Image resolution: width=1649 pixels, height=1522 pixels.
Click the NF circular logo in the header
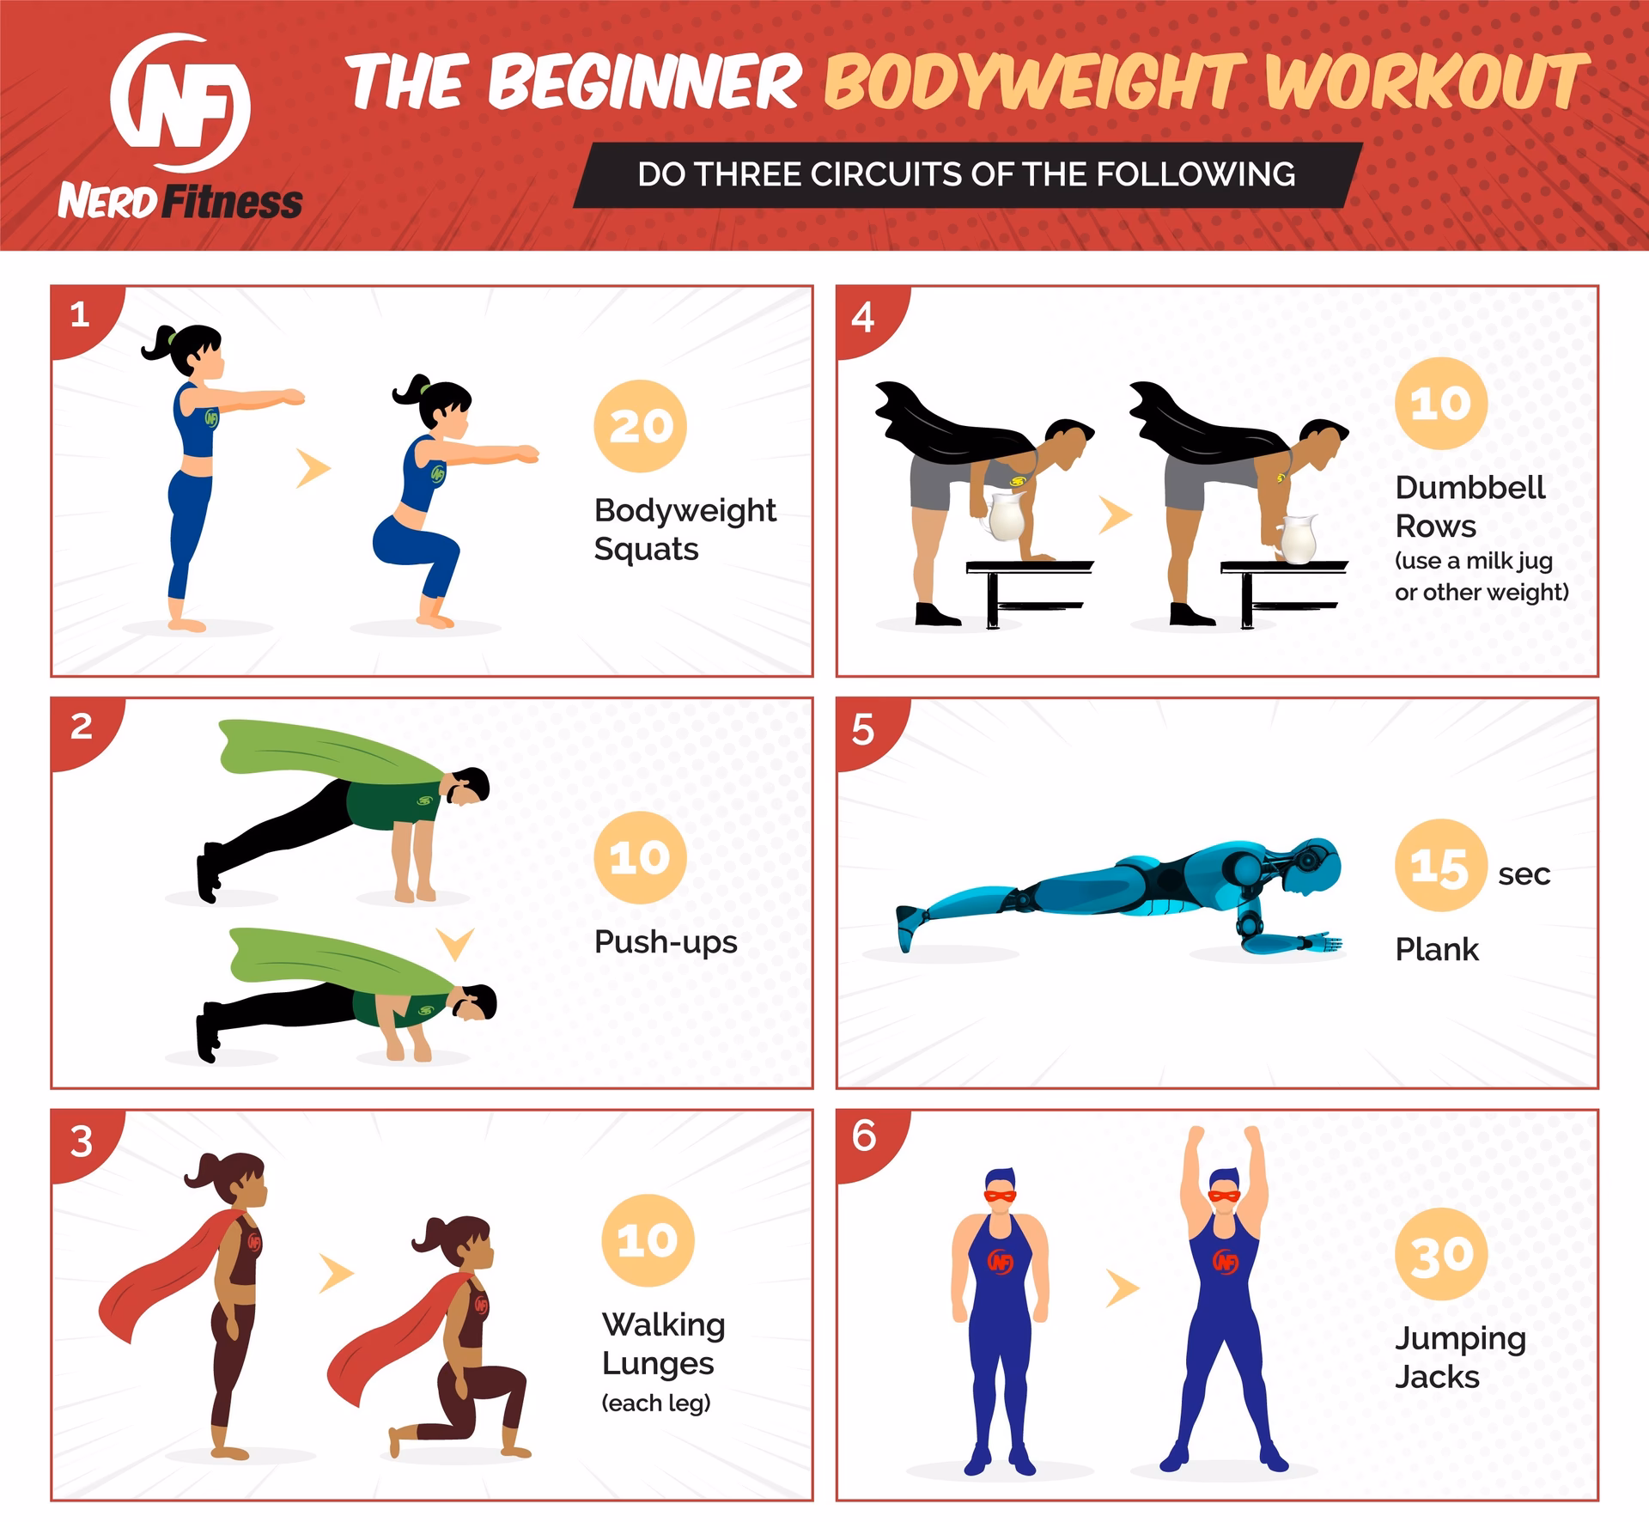[x=180, y=104]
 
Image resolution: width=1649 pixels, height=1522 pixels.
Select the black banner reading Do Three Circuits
[x=966, y=175]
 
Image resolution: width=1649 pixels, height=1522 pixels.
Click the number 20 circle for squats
[x=640, y=426]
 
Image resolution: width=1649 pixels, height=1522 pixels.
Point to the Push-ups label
[x=666, y=942]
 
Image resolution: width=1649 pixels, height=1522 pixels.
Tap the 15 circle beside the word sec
[x=1440, y=866]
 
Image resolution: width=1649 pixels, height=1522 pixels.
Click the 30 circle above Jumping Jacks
[x=1442, y=1255]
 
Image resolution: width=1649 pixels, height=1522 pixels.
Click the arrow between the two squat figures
[x=313, y=468]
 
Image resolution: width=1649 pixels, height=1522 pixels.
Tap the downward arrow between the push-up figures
[x=455, y=943]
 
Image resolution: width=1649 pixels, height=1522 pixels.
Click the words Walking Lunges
[x=663, y=1343]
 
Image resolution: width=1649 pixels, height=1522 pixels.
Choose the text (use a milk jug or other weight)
[x=1482, y=576]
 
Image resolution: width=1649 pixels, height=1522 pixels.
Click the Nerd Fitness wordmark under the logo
[x=180, y=204]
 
